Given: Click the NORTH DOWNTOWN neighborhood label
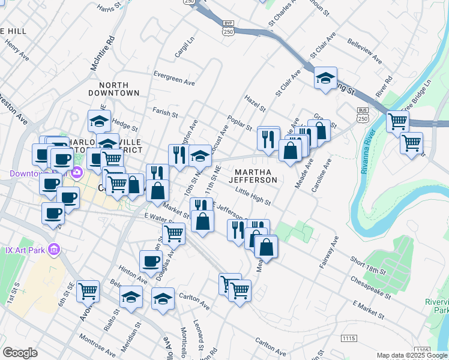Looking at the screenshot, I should [x=113, y=89].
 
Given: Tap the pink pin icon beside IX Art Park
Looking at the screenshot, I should [x=54, y=248].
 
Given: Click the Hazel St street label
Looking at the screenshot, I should [x=255, y=103].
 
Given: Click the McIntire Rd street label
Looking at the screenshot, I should [x=101, y=55].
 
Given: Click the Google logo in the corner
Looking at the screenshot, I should [x=20, y=353].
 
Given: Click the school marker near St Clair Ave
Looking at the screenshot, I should [x=325, y=79].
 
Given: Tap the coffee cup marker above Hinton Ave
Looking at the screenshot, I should [x=151, y=262].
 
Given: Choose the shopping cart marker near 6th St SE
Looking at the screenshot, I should [x=88, y=292].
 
